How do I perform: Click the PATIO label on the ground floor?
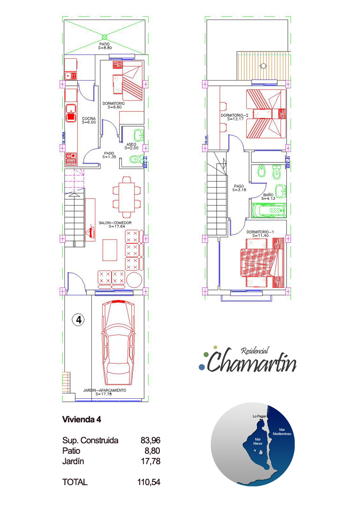click(104, 46)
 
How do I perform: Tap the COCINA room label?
click(89, 120)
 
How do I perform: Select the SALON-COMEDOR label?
click(115, 224)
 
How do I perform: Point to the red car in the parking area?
click(118, 343)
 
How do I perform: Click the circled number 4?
click(78, 320)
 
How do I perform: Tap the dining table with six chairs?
click(127, 197)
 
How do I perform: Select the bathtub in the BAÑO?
click(269, 210)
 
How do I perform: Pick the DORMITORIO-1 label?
click(260, 234)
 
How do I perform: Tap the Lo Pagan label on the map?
click(259, 416)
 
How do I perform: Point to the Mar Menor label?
click(258, 441)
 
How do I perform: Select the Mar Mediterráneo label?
click(282, 432)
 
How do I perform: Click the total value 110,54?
click(149, 482)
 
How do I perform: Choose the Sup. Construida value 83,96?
click(150, 441)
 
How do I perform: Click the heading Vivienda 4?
click(81, 419)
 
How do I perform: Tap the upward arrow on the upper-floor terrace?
click(262, 65)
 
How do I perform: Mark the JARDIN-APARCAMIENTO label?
click(104, 392)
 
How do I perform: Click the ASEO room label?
click(131, 146)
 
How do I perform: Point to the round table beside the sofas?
click(134, 280)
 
